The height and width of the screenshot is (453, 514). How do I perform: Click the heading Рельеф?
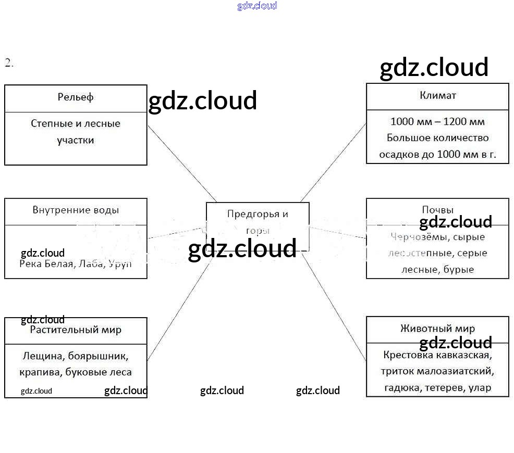[x=76, y=97]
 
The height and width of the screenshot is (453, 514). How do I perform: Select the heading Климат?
[x=438, y=95]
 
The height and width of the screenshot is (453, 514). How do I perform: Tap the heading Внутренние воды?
[x=76, y=210]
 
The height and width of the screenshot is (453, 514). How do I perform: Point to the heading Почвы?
[x=438, y=210]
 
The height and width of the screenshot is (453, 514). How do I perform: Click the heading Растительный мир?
[x=76, y=330]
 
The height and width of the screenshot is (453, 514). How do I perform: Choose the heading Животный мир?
[x=438, y=329]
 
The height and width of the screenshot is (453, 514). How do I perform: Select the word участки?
[x=76, y=140]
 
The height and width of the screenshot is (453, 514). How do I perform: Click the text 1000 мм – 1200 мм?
[x=437, y=122]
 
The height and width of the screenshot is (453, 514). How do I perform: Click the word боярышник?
[x=99, y=357]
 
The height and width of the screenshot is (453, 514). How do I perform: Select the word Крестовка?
[x=406, y=355]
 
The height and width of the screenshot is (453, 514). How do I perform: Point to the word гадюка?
[x=402, y=388]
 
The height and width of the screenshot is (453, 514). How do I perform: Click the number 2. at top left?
[x=9, y=63]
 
